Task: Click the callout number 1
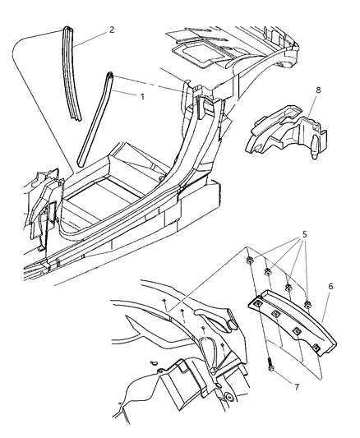pyautogui.click(x=143, y=95)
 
